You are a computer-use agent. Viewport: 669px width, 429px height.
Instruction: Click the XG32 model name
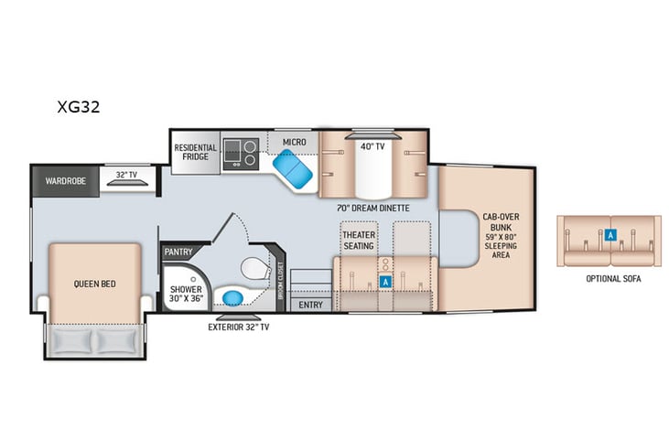pyautogui.click(x=78, y=106)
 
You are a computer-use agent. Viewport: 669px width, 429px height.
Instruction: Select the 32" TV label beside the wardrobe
pyautogui.click(x=126, y=175)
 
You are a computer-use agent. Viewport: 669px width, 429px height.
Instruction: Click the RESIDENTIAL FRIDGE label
pyautogui.click(x=196, y=152)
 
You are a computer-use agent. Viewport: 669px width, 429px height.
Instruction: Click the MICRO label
pyautogui.click(x=293, y=143)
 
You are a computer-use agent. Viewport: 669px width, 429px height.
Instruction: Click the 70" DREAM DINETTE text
pyautogui.click(x=372, y=209)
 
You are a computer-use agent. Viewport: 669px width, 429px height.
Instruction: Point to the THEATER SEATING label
pyautogui.click(x=359, y=240)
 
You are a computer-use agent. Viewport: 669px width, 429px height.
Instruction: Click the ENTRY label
pyautogui.click(x=310, y=305)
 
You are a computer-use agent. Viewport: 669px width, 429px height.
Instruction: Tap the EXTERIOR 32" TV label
pyautogui.click(x=238, y=327)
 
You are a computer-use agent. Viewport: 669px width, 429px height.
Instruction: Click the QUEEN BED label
pyautogui.click(x=94, y=284)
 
